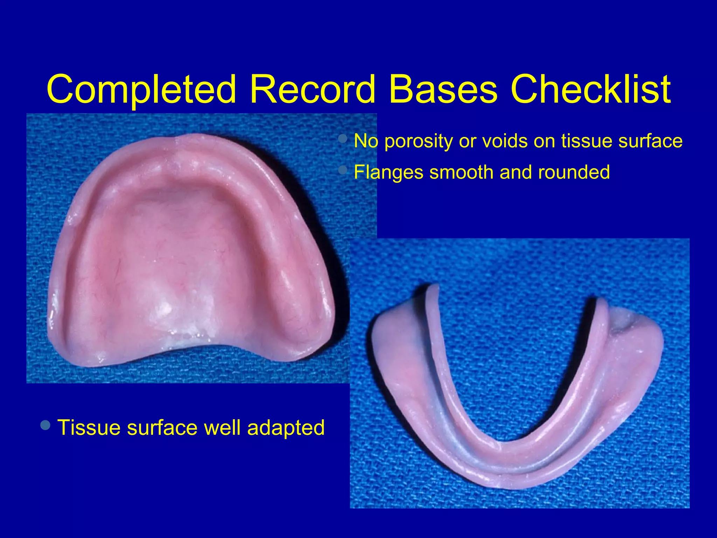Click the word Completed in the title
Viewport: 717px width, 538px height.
(141, 90)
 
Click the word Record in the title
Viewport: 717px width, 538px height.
(312, 90)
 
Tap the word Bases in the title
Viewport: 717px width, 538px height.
(443, 90)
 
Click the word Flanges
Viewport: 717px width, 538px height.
(389, 173)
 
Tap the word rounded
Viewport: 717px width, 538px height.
(574, 172)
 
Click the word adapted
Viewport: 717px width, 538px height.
(286, 428)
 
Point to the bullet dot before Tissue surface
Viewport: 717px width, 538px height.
(46, 426)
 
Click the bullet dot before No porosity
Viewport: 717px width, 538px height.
(343, 139)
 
